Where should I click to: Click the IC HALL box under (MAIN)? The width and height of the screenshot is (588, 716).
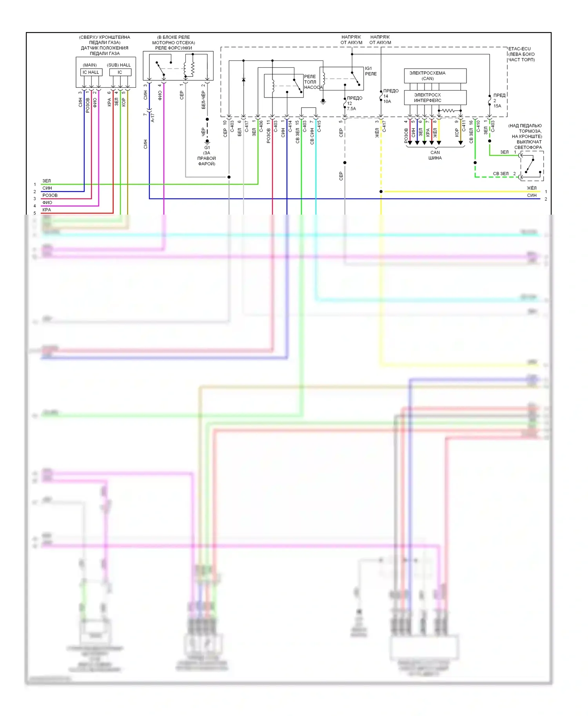pos(91,72)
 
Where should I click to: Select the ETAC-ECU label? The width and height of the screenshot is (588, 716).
pos(519,49)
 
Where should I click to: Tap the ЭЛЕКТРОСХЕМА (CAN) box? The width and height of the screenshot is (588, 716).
pos(435,76)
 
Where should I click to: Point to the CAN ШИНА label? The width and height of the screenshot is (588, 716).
pos(435,155)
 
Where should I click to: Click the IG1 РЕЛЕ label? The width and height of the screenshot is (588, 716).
pos(370,71)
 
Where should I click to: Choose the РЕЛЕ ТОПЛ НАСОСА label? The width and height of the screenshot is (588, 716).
pos(313,82)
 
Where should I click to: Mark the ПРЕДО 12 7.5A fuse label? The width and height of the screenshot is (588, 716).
pos(353,103)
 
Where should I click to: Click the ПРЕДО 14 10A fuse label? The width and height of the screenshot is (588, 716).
pos(390,96)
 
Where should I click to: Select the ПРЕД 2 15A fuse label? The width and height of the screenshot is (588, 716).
pos(499,101)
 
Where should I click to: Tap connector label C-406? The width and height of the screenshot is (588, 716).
pos(261,126)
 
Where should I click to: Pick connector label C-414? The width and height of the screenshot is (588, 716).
pos(290,126)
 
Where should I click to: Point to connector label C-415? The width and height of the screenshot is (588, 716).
pos(319,126)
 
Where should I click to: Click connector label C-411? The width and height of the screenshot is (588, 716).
pos(464,126)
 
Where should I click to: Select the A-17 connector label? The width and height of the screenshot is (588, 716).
pos(152,118)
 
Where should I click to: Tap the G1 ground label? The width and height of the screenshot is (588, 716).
pos(207,148)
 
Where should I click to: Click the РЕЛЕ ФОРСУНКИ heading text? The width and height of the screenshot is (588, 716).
pos(173,48)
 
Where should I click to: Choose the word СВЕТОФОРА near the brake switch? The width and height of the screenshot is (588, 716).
pos(528,147)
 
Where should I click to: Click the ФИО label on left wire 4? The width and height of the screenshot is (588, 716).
pos(47,203)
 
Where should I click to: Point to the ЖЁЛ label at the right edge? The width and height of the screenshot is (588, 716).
pos(532,188)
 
